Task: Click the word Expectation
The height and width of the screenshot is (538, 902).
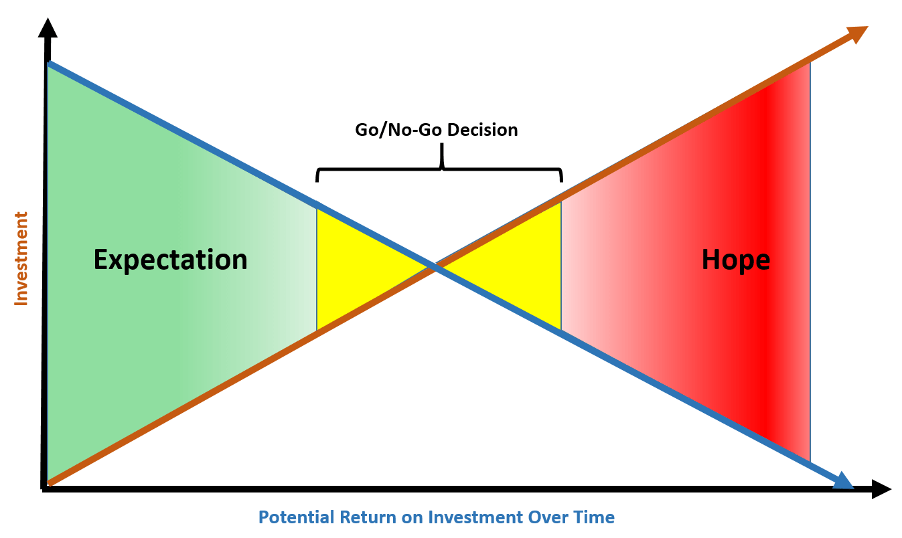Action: click(x=170, y=260)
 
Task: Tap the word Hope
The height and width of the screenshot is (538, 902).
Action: click(x=736, y=260)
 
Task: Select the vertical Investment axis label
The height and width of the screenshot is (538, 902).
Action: click(x=21, y=259)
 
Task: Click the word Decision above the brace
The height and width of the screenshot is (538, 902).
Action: click(x=482, y=130)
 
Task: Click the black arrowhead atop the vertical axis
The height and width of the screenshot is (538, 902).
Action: click(x=48, y=28)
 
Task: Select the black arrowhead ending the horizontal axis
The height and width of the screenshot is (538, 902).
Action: click(x=881, y=489)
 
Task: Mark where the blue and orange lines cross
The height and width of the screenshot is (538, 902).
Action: click(x=435, y=267)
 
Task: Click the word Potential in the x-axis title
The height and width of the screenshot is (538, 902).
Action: click(x=297, y=517)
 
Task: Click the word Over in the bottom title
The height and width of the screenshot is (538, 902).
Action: click(x=552, y=517)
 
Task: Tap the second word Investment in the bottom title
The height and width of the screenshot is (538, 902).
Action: click(x=475, y=517)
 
